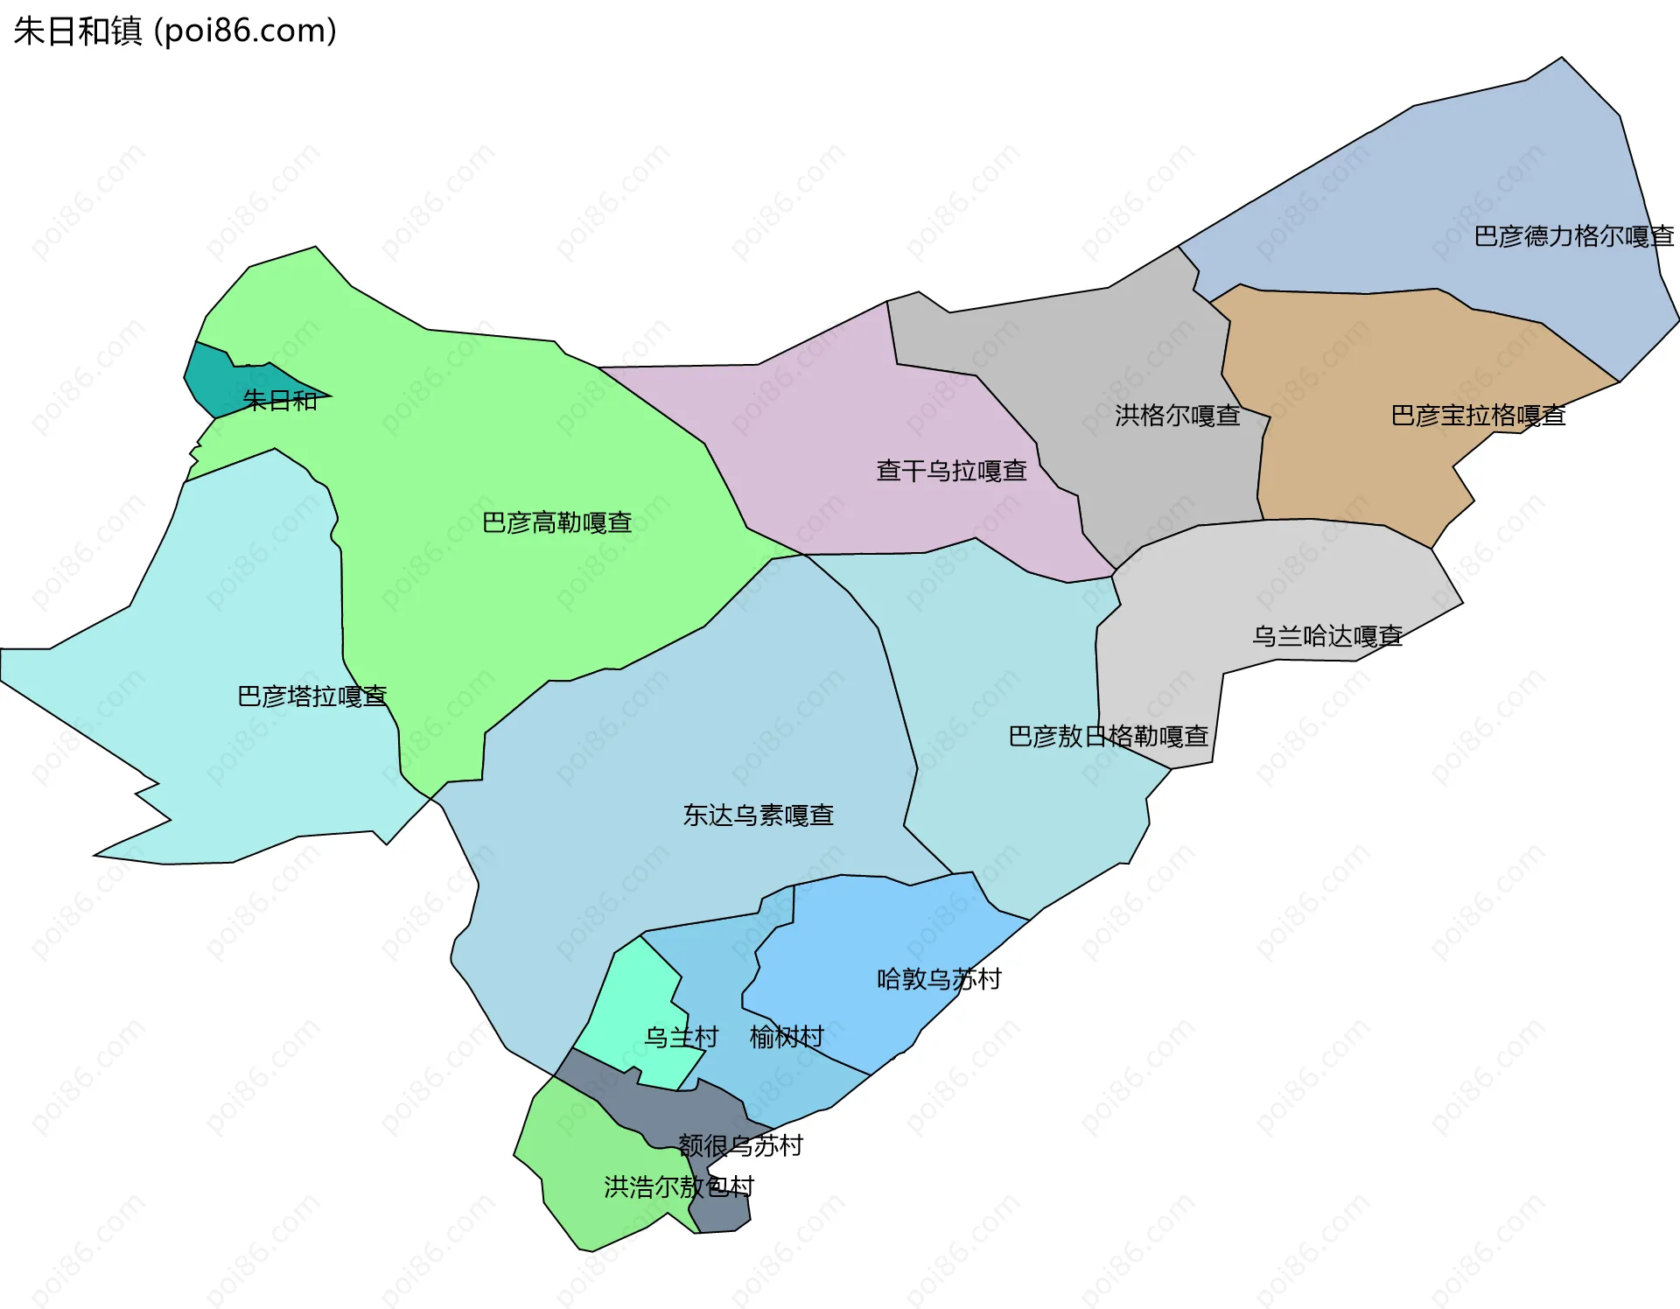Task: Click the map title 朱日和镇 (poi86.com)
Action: pos(175,31)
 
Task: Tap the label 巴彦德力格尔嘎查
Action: pos(1573,236)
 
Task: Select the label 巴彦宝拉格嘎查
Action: pos(1478,415)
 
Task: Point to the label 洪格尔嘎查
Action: pos(1177,416)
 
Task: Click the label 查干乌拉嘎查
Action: pos(951,471)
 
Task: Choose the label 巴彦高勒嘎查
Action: pos(556,523)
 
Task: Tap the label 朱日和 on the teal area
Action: pos(280,401)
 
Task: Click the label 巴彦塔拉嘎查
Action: pos(311,696)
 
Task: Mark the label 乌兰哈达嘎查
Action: pos(1326,636)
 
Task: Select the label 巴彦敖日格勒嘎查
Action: pos(1108,737)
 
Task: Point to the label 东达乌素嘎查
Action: pos(758,815)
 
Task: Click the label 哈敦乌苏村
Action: pos(939,979)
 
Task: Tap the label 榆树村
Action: pos(787,1037)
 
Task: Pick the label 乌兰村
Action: pos(681,1037)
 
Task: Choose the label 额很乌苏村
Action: pos(740,1145)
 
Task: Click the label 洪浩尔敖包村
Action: pos(678,1187)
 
